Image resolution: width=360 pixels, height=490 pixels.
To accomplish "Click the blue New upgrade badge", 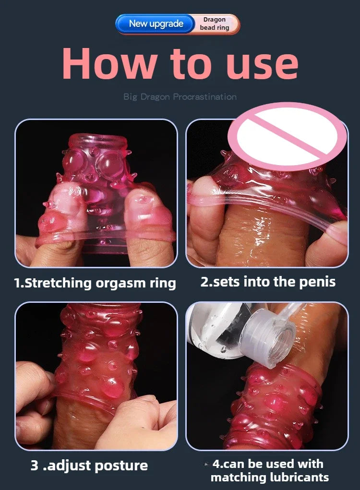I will [156, 24].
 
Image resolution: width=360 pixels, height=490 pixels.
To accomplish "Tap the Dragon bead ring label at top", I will [215, 24].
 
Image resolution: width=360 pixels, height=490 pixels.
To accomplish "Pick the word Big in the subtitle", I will [131, 97].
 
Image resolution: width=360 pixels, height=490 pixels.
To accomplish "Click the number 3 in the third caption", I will [34, 465].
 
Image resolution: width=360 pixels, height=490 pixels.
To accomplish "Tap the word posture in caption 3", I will [122, 465].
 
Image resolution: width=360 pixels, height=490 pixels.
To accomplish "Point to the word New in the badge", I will [139, 24].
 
